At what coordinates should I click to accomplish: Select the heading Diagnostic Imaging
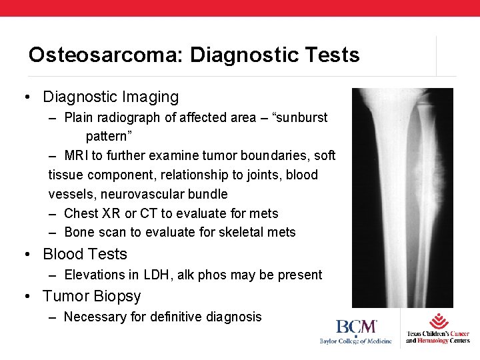111,97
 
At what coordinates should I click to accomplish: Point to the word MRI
78,155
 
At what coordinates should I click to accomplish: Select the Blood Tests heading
85,254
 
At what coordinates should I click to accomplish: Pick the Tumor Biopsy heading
92,295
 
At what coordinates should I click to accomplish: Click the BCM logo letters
356,327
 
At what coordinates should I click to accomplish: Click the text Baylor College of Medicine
355,341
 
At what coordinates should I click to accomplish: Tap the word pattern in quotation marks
109,136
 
